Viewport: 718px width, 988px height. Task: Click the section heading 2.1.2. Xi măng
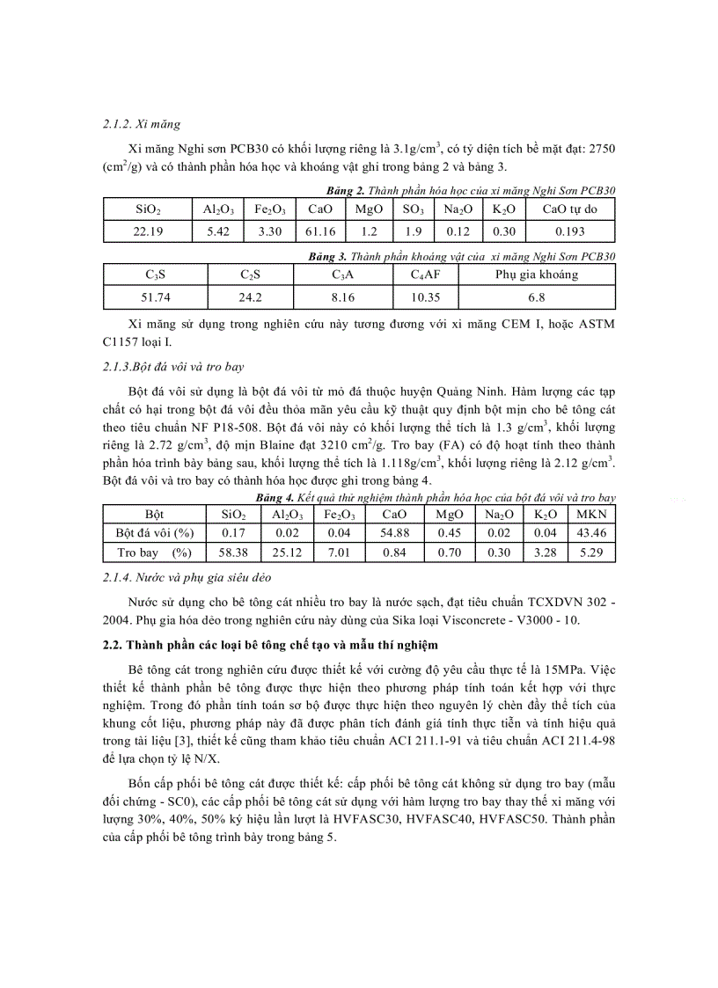[142, 125]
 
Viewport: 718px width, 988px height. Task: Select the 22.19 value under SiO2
[147, 231]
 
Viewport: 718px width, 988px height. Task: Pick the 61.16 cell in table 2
[315, 231]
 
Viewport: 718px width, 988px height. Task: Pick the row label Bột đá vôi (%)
[154, 532]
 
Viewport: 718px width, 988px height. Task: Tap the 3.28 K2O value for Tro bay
[546, 553]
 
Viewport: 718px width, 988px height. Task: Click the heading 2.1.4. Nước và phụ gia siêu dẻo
[187, 577]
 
